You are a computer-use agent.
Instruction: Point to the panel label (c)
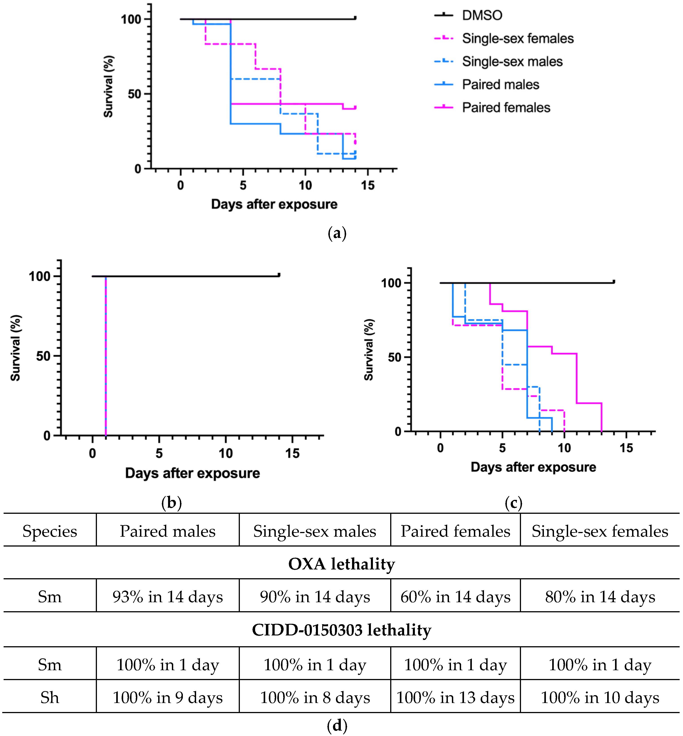click(513, 503)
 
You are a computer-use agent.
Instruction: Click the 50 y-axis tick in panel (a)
click(134, 94)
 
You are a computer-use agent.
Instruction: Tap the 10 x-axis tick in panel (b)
click(225, 453)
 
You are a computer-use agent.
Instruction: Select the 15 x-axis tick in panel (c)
click(626, 448)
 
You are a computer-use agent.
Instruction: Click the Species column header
click(50, 531)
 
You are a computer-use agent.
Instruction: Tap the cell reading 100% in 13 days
click(455, 698)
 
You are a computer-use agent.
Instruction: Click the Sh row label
click(50, 698)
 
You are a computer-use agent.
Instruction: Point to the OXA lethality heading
click(341, 564)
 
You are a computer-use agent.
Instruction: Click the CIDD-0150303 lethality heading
click(341, 630)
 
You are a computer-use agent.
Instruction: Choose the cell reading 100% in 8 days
click(315, 698)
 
